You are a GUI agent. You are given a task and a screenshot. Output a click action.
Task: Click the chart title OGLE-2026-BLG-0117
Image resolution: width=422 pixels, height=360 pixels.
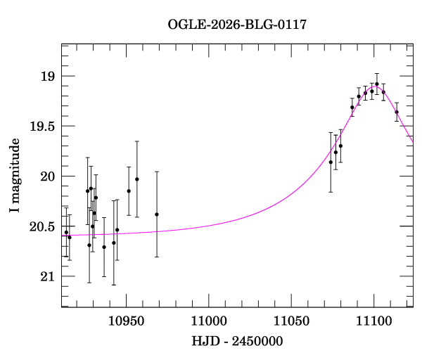pyautogui.click(x=237, y=25)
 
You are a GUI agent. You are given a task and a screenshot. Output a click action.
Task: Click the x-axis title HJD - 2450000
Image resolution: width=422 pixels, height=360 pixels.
pyautogui.click(x=236, y=341)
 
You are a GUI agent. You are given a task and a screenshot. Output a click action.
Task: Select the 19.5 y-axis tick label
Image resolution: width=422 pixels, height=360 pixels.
pyautogui.click(x=41, y=127)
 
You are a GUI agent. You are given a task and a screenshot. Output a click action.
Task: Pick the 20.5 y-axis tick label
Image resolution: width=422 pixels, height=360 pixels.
pyautogui.click(x=41, y=226)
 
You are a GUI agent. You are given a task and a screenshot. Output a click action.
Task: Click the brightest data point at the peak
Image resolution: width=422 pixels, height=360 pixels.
pyautogui.click(x=377, y=84)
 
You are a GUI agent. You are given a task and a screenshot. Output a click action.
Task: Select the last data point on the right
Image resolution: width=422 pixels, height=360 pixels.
pyautogui.click(x=397, y=112)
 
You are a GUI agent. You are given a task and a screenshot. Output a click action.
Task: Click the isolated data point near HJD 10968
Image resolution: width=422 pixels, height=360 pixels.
pyautogui.click(x=157, y=214)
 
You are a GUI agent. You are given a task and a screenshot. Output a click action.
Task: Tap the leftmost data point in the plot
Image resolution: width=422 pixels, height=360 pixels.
pyautogui.click(x=66, y=232)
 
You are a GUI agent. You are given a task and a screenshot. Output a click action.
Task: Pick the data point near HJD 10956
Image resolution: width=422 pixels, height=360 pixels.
pyautogui.click(x=137, y=179)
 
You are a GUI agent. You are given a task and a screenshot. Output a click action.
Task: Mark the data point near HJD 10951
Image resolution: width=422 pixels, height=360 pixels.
pyautogui.click(x=129, y=191)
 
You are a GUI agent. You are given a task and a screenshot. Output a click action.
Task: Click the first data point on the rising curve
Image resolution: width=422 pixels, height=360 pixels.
pyautogui.click(x=331, y=162)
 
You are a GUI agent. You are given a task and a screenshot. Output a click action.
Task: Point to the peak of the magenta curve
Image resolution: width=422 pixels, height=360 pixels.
pyautogui.click(x=375, y=87)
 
